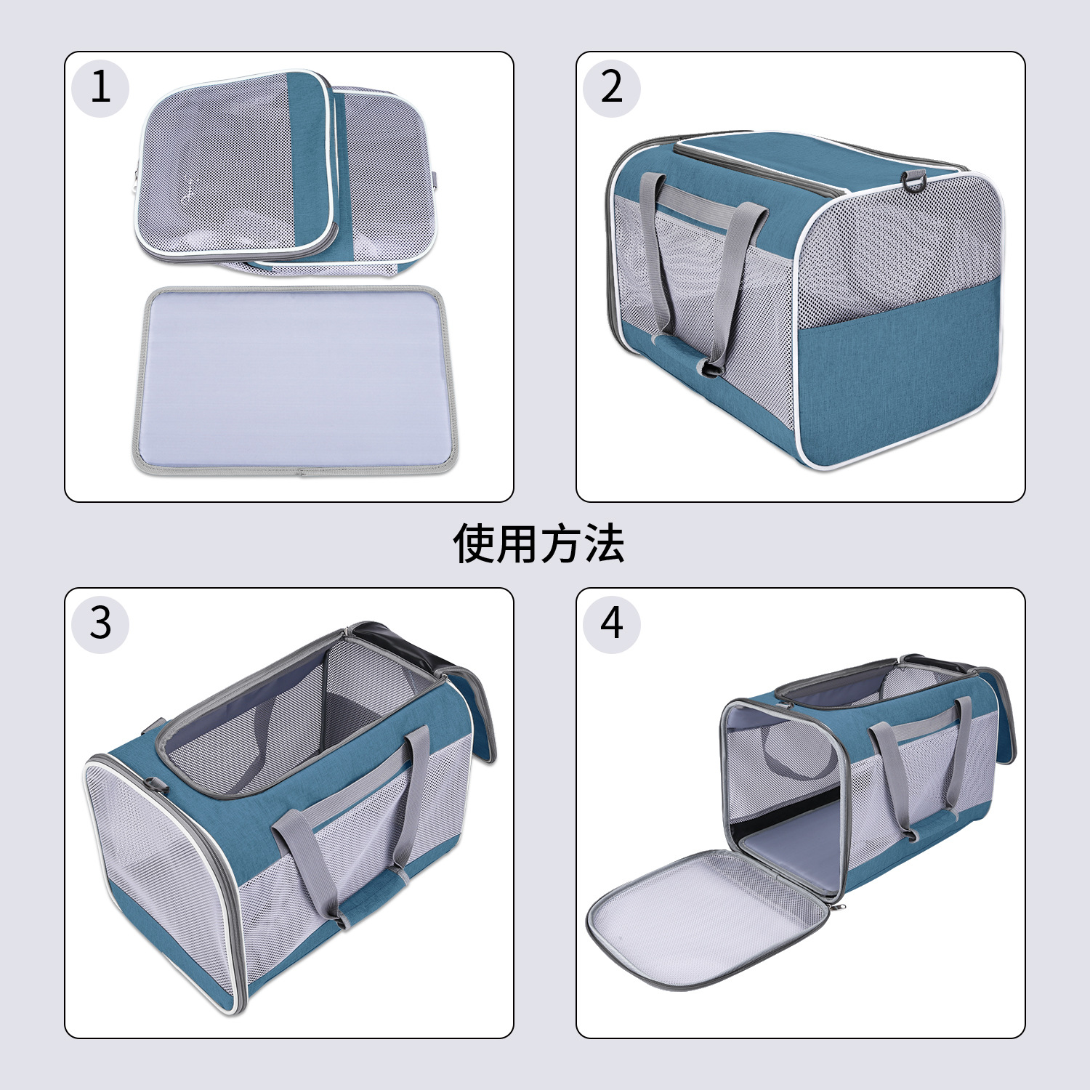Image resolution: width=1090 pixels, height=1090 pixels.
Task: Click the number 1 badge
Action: [x=100, y=88]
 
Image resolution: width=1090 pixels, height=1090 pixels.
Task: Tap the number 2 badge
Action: [x=611, y=88]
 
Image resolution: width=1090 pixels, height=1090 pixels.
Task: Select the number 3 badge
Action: [x=100, y=623]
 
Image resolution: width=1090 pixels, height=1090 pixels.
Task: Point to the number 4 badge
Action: [x=611, y=623]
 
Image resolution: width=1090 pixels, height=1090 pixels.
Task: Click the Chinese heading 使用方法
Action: [x=538, y=544]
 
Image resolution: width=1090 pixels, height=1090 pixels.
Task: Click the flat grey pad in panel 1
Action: [x=294, y=379]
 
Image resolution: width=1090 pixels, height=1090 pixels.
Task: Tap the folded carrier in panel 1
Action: [x=287, y=174]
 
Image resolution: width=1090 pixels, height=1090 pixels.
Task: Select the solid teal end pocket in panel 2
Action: [x=897, y=371]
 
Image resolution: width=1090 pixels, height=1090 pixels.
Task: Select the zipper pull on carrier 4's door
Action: [x=841, y=906]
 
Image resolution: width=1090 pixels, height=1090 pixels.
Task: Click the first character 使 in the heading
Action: [x=475, y=544]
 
